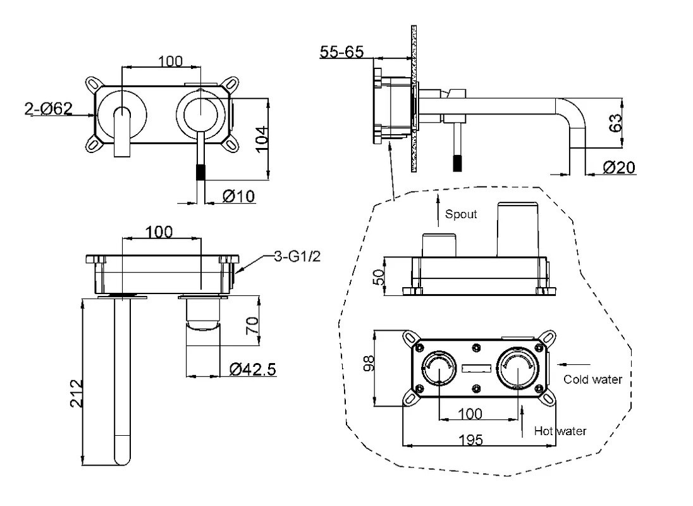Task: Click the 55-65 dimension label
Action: [341, 52]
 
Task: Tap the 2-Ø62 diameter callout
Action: [48, 108]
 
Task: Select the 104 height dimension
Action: [262, 139]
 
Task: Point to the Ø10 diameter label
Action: [238, 196]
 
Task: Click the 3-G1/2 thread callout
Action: [297, 256]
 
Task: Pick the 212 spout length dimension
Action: [77, 393]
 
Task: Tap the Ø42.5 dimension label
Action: [253, 369]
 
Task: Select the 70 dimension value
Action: [252, 326]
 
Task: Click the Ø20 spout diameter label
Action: [619, 168]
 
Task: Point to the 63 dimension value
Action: [615, 123]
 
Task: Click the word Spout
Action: [461, 214]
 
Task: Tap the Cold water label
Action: [592, 379]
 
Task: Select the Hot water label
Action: [560, 431]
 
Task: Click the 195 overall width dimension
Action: [470, 440]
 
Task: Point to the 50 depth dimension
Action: [379, 277]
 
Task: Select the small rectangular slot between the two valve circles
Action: [477, 368]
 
